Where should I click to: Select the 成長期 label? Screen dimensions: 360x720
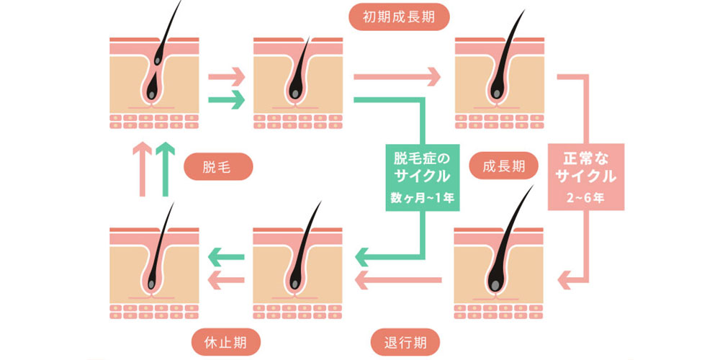pyautogui.click(x=504, y=166)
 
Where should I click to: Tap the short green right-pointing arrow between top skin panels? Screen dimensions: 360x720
pyautogui.click(x=225, y=100)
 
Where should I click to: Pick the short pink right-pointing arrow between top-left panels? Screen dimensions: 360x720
pyautogui.click(x=225, y=75)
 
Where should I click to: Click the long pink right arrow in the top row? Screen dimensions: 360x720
pyautogui.click(x=397, y=75)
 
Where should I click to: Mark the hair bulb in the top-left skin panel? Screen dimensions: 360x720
pyautogui.click(x=153, y=91)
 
